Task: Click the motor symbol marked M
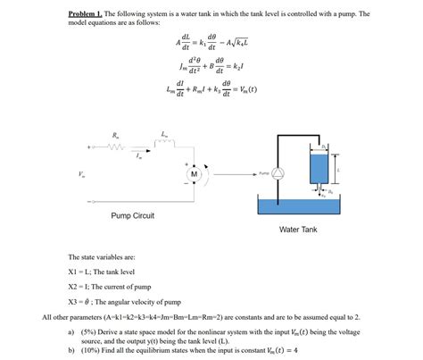pyautogui.click(x=194, y=175)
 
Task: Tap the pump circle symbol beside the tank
pyautogui.click(x=277, y=173)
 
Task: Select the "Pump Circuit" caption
pyautogui.click(x=132, y=215)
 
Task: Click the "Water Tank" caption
pyautogui.click(x=298, y=230)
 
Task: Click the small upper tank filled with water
pyautogui.click(x=320, y=168)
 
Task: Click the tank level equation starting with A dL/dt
pyautogui.click(x=211, y=44)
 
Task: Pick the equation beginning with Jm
pyautogui.click(x=211, y=67)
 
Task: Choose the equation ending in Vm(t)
pyautogui.click(x=211, y=90)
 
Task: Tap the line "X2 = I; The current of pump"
pyautogui.click(x=112, y=286)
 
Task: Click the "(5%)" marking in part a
pyautogui.click(x=88, y=331)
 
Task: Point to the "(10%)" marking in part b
pyautogui.click(x=90, y=351)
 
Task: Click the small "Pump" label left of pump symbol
pyautogui.click(x=263, y=173)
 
